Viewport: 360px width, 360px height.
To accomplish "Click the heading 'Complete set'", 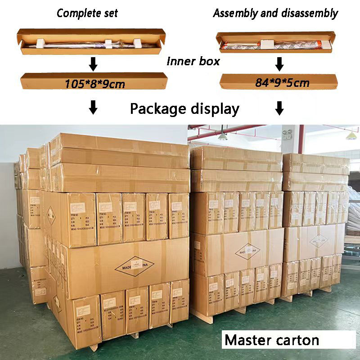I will (x=87, y=13).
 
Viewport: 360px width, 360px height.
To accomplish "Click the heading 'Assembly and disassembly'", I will (x=275, y=13).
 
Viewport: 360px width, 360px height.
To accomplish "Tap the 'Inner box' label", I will (x=193, y=61).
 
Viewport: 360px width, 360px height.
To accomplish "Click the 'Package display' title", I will (x=184, y=109).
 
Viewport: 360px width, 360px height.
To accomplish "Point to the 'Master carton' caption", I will (x=272, y=340).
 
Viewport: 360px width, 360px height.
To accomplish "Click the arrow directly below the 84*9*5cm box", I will (x=279, y=108).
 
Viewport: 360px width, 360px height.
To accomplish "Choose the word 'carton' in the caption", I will (x=297, y=340).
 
